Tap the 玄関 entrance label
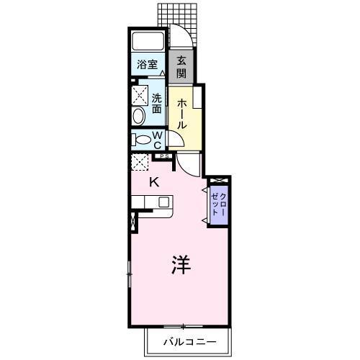point(181,68)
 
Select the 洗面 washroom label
point(156,104)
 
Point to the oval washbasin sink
point(138,115)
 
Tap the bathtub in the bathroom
point(149,41)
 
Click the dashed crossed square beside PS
point(140,161)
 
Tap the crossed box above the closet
point(218,179)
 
